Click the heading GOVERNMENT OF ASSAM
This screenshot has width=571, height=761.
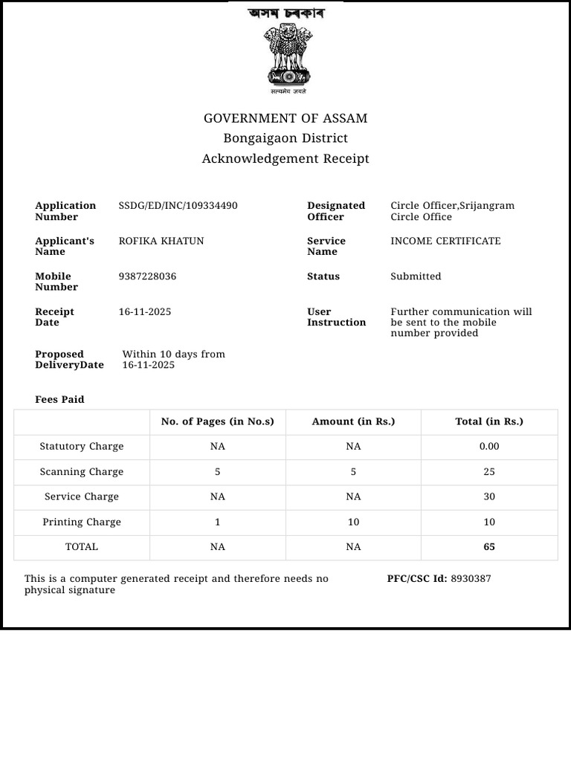coord(285,119)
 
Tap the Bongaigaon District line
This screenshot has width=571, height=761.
coord(285,138)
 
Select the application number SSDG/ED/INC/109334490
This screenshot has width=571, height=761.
coord(178,206)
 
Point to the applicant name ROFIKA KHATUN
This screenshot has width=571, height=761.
coord(161,241)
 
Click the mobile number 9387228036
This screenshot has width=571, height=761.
coord(147,276)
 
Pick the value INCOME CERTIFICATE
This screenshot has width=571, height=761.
coord(445,241)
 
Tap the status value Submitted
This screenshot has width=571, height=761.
coord(416,276)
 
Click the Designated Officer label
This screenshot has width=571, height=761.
coord(336,211)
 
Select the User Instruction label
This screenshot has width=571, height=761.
coord(336,317)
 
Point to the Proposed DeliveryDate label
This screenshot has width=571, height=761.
coord(69,360)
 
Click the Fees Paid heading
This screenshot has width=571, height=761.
coord(59,400)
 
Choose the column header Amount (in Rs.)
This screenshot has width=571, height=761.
coord(353,422)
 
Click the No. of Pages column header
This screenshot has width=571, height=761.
coord(217,422)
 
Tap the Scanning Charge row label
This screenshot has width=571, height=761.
coord(82,472)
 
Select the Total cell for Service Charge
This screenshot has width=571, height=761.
coord(489,497)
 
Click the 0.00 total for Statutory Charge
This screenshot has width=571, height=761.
coord(489,447)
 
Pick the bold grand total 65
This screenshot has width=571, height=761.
coord(489,547)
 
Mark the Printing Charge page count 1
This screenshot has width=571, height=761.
coord(217,522)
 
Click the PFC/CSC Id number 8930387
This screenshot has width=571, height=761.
coord(471,579)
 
